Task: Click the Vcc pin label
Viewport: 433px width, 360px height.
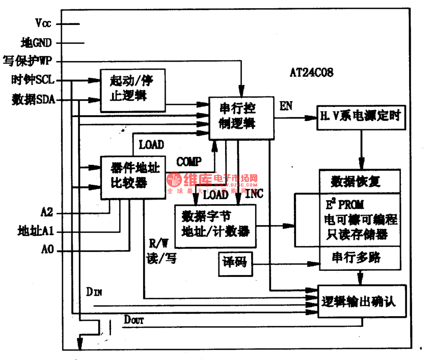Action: tap(43, 23)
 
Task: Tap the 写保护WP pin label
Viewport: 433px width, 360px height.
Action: tap(32, 61)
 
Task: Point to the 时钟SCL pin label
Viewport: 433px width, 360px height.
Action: tap(33, 80)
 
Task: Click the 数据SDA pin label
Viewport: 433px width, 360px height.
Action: tap(33, 99)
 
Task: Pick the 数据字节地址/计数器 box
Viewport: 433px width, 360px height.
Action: tap(216, 226)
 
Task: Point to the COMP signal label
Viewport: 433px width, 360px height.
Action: tap(188, 162)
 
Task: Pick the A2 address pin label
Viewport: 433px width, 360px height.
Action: tap(47, 212)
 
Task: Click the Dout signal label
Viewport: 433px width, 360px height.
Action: tap(134, 320)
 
